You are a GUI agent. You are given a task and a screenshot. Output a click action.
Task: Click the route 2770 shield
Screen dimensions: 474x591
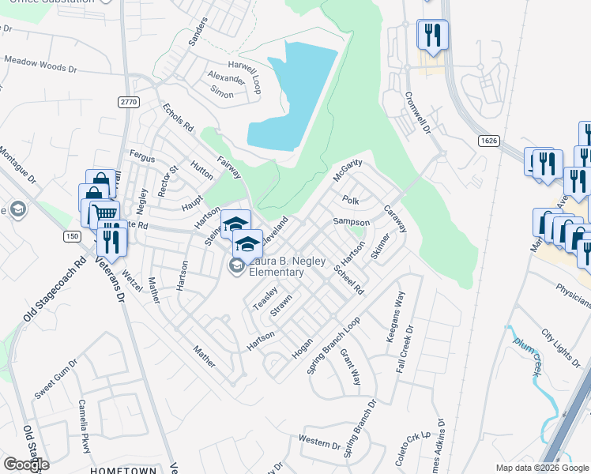click(x=128, y=102)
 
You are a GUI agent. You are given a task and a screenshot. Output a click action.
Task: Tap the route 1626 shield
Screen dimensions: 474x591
click(x=488, y=140)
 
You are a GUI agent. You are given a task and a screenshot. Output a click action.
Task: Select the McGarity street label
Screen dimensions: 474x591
click(x=348, y=168)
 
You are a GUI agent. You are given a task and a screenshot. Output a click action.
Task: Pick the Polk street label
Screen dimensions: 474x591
click(x=350, y=201)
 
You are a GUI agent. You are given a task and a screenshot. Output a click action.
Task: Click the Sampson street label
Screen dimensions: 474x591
click(x=351, y=222)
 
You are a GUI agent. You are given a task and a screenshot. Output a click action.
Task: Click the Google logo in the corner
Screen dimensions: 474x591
click(x=25, y=465)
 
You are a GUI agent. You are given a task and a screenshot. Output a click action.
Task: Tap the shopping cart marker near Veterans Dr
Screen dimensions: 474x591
click(x=105, y=213)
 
